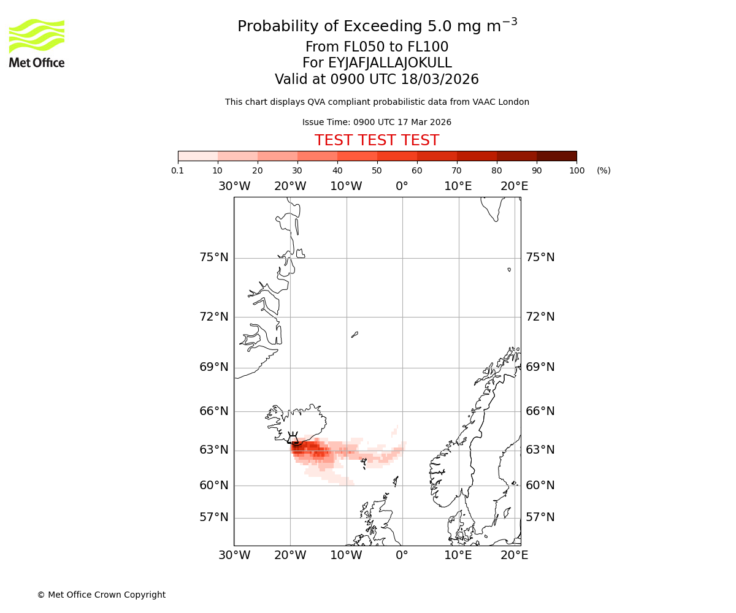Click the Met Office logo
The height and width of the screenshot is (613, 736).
tap(37, 43)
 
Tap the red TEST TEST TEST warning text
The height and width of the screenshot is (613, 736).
tap(377, 140)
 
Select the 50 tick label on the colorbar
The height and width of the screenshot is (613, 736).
tap(377, 170)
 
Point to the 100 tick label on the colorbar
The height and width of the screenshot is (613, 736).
tap(577, 170)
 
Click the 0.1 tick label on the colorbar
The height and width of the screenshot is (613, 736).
tap(178, 170)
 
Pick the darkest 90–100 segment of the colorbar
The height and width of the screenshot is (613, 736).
tap(556, 156)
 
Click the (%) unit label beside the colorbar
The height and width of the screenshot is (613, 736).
tap(604, 170)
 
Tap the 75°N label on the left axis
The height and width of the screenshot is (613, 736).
tap(214, 257)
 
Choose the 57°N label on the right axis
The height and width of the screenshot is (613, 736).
tap(540, 517)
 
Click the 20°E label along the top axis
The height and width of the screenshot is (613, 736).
tap(514, 186)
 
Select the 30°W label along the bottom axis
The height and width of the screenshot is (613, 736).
tap(234, 555)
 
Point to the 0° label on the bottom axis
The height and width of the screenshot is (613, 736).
tap(402, 555)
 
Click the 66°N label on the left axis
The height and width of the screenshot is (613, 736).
tap(214, 411)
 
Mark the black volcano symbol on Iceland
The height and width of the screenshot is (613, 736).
tap(294, 438)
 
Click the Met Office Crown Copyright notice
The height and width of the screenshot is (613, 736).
tap(101, 595)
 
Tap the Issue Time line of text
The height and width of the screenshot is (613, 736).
tap(377, 122)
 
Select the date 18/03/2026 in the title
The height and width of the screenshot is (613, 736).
tap(440, 80)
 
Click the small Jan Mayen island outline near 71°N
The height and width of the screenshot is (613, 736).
tap(355, 335)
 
